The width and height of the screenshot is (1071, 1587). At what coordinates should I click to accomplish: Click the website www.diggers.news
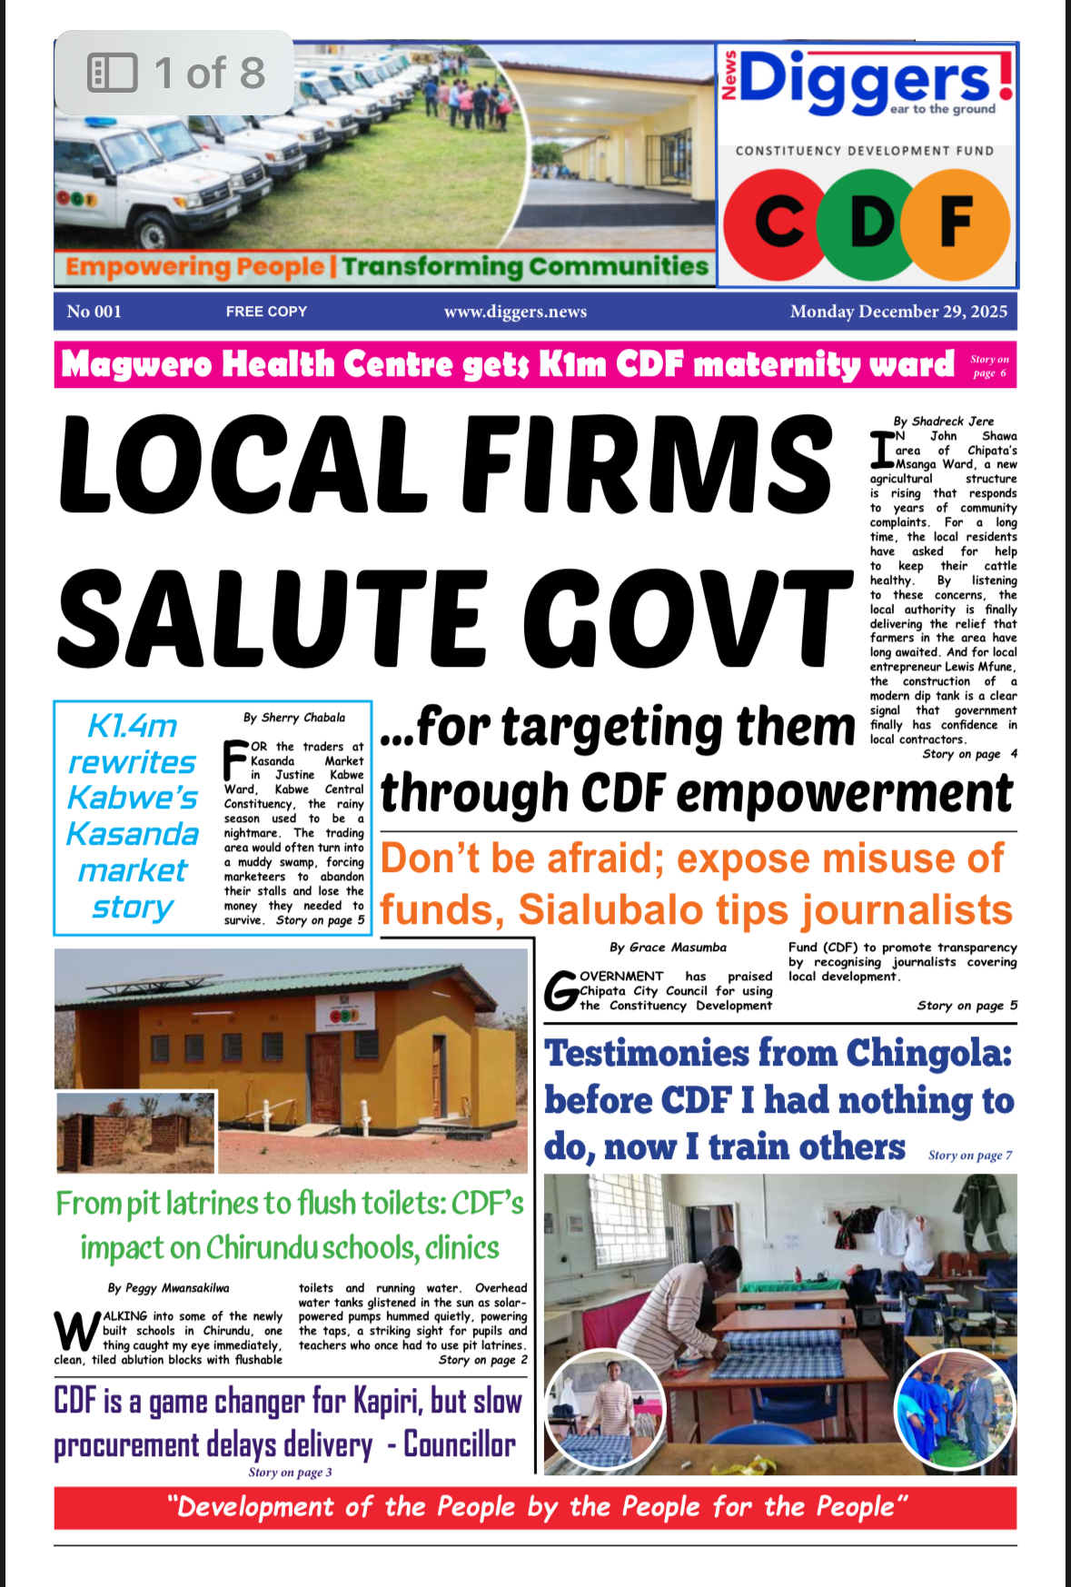(515, 312)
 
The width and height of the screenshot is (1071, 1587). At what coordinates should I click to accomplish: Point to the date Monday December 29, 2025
(897, 312)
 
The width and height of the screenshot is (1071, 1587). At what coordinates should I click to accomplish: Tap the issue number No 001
(94, 312)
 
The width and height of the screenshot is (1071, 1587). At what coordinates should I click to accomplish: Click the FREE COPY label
(266, 312)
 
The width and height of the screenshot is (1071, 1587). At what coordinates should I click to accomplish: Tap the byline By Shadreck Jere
(943, 422)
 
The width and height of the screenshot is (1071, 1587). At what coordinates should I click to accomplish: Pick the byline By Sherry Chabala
(293, 718)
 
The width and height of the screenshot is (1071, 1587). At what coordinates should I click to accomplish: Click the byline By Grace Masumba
(668, 947)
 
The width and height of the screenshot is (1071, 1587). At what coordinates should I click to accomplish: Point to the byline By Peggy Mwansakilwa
(168, 1288)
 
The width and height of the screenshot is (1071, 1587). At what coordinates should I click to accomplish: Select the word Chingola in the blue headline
(928, 1054)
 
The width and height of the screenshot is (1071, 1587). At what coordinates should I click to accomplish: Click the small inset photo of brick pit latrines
(136, 1133)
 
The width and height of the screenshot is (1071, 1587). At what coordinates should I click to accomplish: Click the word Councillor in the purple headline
(459, 1444)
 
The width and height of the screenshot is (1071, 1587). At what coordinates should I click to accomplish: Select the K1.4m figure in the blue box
(133, 726)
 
